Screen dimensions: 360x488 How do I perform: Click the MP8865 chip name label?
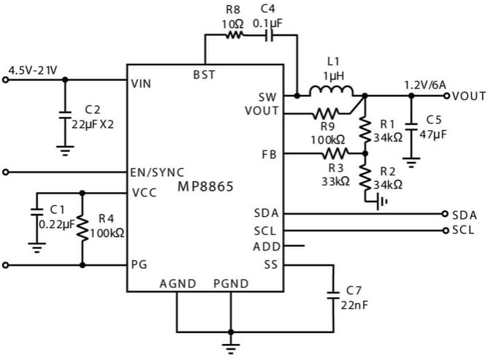click(205, 187)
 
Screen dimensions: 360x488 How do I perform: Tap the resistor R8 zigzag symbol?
click(234, 35)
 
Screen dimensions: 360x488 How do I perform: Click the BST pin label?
click(204, 74)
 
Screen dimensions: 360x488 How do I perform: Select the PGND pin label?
click(231, 283)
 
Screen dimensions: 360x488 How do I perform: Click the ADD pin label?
click(267, 247)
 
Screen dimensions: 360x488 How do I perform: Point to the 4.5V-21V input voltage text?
click(32, 70)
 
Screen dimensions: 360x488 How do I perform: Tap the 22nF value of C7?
click(351, 304)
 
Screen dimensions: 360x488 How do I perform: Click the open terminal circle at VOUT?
click(447, 96)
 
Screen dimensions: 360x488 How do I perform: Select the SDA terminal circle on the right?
click(445, 214)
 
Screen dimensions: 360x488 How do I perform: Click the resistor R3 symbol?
click(335, 153)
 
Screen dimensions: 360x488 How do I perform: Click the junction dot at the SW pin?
click(297, 95)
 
